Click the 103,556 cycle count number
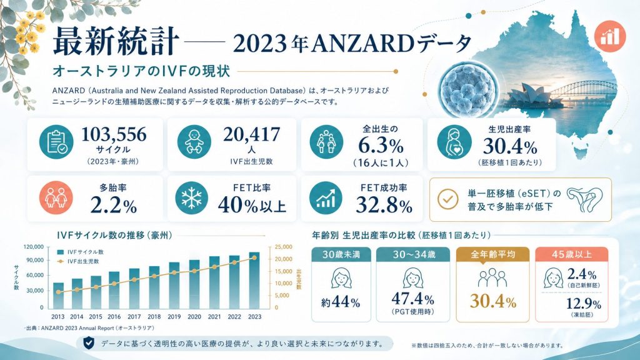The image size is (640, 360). click(x=114, y=134)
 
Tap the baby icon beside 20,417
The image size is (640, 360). click(x=194, y=142)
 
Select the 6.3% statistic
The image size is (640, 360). click(x=381, y=146)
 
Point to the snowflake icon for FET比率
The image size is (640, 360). click(x=191, y=198)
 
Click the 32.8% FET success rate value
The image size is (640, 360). click(x=384, y=204)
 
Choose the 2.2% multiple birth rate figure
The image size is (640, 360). click(x=114, y=205)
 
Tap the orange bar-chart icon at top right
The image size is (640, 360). click(x=610, y=35)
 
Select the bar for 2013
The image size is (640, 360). click(x=58, y=296)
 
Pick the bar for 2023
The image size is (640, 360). click(x=254, y=281)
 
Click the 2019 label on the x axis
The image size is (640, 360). click(x=174, y=316)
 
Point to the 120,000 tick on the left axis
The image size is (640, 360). click(x=34, y=247)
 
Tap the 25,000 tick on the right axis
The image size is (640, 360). click(x=284, y=247)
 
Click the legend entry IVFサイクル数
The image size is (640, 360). click(x=81, y=252)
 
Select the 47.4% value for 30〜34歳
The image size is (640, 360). click(x=412, y=299)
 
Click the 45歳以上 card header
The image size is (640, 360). click(x=572, y=254)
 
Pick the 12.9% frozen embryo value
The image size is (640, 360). click(x=583, y=304)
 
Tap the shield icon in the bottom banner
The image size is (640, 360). click(x=89, y=343)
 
